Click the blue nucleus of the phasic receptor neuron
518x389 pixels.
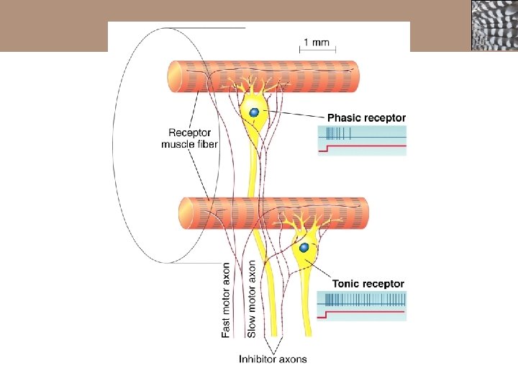[x=254, y=112]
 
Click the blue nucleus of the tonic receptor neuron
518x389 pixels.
[x=304, y=248]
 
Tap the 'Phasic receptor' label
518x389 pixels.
[x=366, y=117]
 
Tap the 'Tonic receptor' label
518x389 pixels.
[x=368, y=284]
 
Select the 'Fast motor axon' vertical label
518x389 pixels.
[x=227, y=299]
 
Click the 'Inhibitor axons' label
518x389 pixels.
[x=273, y=359]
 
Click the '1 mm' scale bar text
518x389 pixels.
[x=317, y=42]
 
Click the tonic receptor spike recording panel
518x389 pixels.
[x=363, y=305]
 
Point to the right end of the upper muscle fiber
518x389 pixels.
[x=353, y=76]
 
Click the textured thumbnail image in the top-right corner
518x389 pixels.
[x=494, y=25]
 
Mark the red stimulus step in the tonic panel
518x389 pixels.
[x=327, y=314]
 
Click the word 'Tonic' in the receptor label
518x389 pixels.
[x=346, y=284]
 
